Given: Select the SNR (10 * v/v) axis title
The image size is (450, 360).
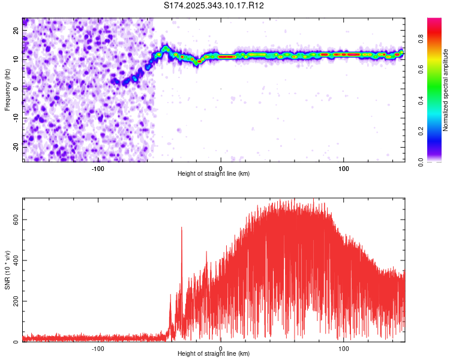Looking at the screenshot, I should pos(7,269).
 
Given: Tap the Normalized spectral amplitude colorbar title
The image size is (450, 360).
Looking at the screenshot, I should pos(446,90).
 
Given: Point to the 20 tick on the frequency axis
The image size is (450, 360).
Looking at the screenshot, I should pos(17,29).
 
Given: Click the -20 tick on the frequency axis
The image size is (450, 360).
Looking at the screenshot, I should pos(16,147).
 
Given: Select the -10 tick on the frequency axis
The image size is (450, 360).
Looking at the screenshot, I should pos(16,118).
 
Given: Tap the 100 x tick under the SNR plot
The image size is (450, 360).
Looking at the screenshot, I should pos(344,348).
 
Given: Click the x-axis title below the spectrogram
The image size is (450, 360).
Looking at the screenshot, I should pos(214,174).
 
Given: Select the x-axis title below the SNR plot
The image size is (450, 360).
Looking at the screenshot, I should pos(214,354).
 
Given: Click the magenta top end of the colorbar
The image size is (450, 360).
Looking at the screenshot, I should pos(434,20).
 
